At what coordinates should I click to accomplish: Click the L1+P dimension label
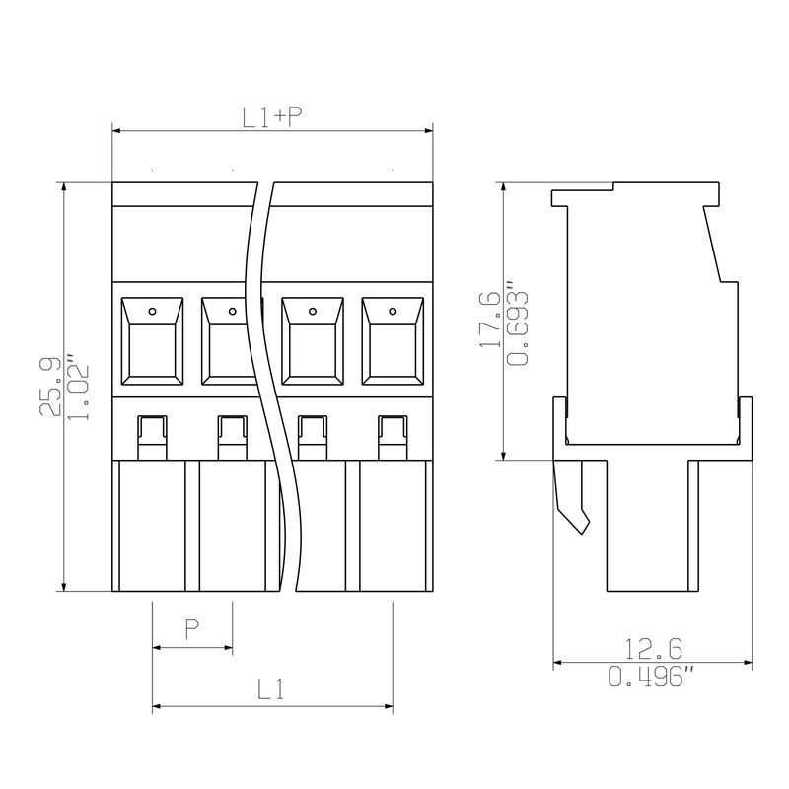point(272,117)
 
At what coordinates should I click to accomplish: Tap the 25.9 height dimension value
point(50,387)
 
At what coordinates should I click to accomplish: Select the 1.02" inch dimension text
point(78,387)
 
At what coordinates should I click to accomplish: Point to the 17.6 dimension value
point(489,320)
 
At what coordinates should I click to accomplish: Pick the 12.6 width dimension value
point(653,649)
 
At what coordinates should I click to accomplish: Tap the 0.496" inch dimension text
point(652,676)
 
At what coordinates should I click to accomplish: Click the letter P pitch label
point(191,629)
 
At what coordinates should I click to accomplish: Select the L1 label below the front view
point(270,689)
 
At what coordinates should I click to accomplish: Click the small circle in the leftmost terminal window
point(152,312)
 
